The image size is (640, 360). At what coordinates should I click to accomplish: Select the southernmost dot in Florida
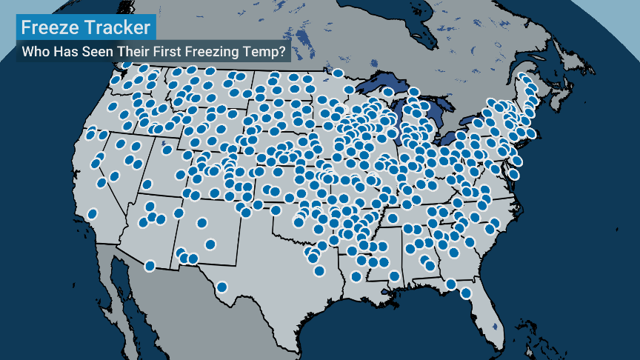pos(465,293)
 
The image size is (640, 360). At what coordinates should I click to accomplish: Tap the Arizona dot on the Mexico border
pos(150,265)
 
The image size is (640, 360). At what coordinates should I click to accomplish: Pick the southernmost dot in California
pos(93,213)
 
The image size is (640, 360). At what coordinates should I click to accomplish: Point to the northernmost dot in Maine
pos(525,79)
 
